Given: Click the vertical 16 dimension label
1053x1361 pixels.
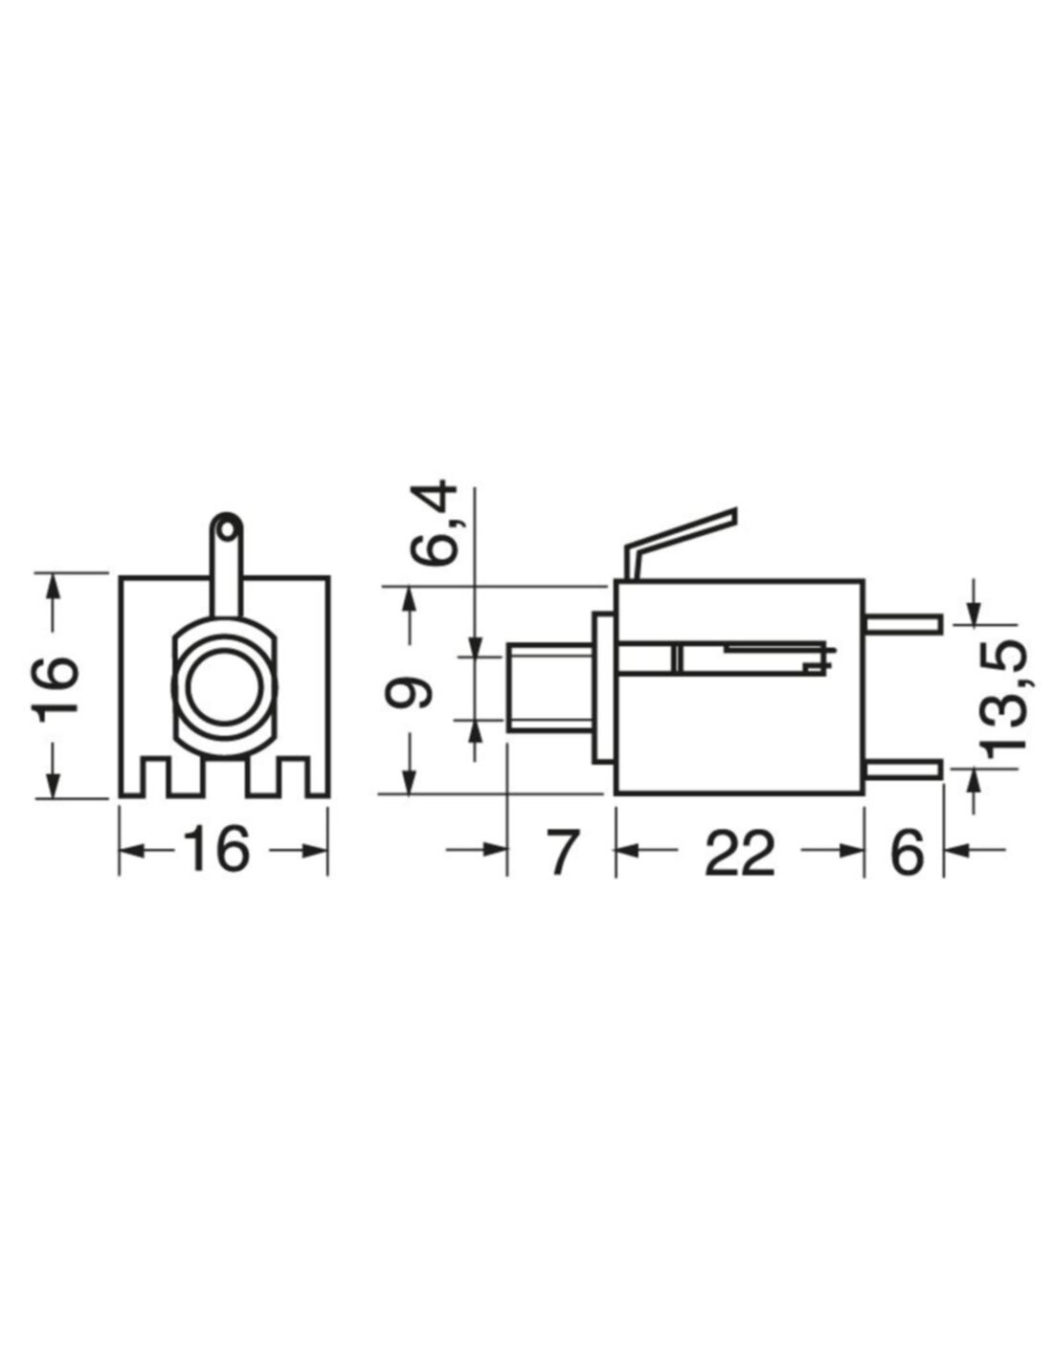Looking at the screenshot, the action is (x=55, y=685).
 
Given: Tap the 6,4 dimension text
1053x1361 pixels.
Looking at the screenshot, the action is (x=434, y=523).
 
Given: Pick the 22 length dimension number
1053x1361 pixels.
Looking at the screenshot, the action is (x=740, y=850).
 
